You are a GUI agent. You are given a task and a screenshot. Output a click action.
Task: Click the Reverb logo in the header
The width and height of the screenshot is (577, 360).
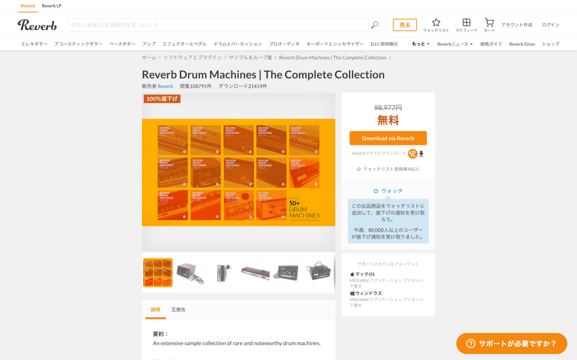(37, 25)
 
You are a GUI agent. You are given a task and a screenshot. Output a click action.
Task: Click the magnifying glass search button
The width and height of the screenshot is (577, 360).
(375, 25)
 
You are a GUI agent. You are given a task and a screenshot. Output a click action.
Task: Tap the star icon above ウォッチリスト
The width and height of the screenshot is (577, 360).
(436, 23)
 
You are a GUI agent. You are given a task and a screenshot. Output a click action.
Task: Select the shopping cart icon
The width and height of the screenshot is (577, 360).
(489, 22)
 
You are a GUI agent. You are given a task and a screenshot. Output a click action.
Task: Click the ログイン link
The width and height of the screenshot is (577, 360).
(550, 25)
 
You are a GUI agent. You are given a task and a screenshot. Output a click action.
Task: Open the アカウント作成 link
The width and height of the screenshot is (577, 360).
(517, 25)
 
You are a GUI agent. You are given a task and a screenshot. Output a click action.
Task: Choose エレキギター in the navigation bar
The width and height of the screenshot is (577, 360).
(34, 44)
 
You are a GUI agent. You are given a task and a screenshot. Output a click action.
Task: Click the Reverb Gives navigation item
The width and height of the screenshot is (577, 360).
(522, 44)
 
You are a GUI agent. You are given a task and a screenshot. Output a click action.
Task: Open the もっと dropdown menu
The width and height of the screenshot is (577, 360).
(421, 44)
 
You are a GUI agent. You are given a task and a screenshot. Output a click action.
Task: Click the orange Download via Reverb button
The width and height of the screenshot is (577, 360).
(388, 138)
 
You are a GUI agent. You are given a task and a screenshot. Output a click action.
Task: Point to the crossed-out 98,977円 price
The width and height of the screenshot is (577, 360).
(388, 108)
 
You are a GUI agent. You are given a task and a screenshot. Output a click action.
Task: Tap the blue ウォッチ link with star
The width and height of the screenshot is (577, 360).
(388, 191)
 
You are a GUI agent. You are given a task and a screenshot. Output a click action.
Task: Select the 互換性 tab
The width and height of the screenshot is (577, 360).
(179, 310)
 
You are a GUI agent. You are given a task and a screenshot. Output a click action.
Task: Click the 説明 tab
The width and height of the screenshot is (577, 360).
(156, 310)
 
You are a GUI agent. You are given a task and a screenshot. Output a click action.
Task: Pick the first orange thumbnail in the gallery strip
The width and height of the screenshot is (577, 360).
(158, 273)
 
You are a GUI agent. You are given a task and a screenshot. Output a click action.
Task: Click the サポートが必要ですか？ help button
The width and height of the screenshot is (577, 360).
(512, 343)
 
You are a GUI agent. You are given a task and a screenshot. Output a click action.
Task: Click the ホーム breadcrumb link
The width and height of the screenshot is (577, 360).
(149, 58)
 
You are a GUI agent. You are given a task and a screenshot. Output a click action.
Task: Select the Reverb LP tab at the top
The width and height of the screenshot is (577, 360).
(51, 6)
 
